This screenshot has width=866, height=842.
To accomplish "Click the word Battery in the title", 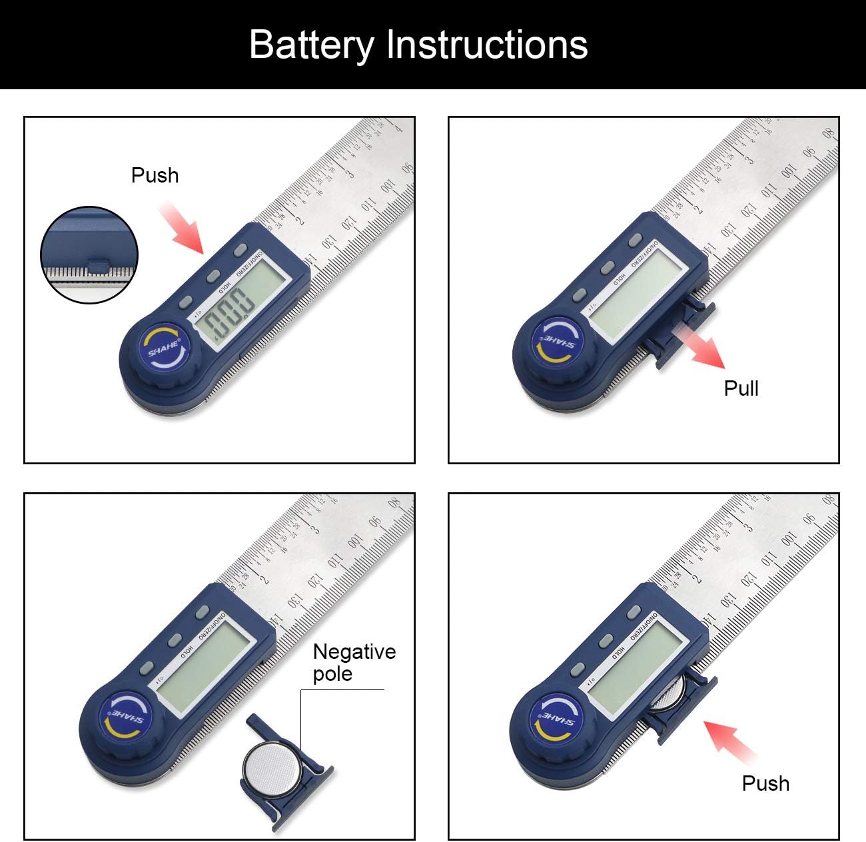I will pos(311,45).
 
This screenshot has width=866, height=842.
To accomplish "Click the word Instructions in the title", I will pos(487,45).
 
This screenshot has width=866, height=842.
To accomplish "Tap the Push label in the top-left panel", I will pos(155,175).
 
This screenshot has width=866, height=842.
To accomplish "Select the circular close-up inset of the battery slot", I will pos(89,255).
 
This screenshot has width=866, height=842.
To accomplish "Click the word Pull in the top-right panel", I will pos(741,388).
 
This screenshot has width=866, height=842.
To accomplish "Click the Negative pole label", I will pos(354,662).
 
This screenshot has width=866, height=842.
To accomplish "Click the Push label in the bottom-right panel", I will pos(765,783).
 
